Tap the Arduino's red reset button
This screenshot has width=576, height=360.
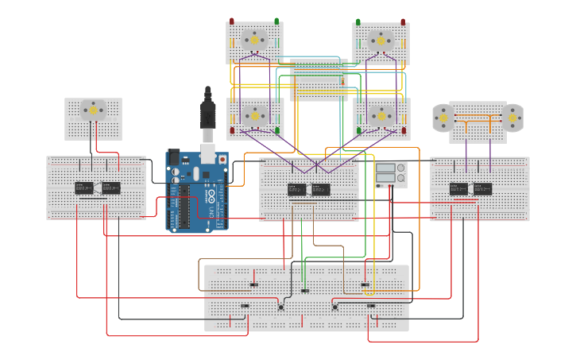click(x=222, y=159)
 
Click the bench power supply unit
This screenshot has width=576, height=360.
click(x=390, y=174)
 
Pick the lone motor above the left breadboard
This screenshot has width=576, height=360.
click(x=93, y=110)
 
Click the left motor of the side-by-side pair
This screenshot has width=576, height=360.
click(x=442, y=118)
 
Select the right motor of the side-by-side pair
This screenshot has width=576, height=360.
click(x=513, y=118)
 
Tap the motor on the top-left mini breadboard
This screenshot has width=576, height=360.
click(x=254, y=39)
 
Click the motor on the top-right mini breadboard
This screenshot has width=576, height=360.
click(x=381, y=40)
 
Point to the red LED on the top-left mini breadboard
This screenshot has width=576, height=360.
click(x=232, y=21)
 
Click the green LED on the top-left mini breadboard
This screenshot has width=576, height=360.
click(x=276, y=21)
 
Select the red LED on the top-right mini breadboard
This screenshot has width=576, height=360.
click(x=403, y=22)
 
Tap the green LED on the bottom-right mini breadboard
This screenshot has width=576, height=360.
click(x=359, y=130)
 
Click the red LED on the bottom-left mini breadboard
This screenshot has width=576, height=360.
click(x=232, y=130)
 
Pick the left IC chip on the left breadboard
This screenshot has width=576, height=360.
click(x=83, y=188)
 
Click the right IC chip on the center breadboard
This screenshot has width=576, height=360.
click(x=321, y=189)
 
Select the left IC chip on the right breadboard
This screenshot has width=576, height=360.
click(x=458, y=188)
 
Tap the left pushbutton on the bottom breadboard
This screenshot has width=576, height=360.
click(x=280, y=307)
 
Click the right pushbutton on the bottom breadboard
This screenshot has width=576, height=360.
click(x=334, y=307)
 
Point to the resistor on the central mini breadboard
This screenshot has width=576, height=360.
click(x=342, y=80)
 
